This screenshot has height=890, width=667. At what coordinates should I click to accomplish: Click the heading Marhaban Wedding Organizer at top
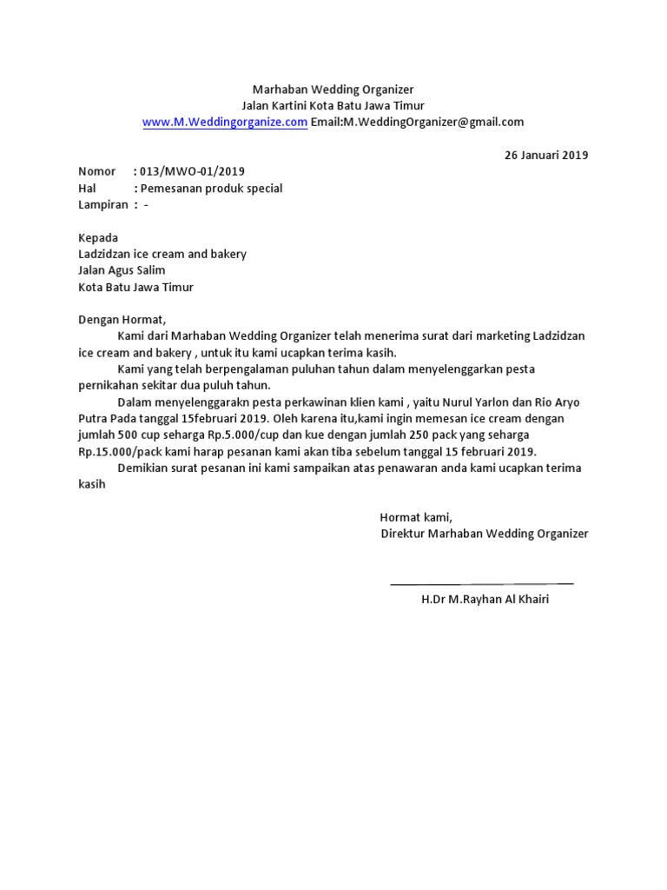click(333, 90)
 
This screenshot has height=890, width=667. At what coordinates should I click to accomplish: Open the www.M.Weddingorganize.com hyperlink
click(224, 123)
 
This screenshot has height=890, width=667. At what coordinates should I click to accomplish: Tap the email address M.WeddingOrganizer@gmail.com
click(433, 123)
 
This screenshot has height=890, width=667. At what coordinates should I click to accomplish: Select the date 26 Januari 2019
click(546, 156)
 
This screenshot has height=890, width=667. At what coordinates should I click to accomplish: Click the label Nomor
click(96, 172)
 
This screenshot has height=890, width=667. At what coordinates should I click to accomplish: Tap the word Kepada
click(98, 238)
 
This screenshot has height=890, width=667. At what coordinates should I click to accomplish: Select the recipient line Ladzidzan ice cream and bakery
click(162, 255)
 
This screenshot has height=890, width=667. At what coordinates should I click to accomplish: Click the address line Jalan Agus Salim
click(122, 270)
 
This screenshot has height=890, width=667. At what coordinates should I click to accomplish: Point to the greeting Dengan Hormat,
click(121, 319)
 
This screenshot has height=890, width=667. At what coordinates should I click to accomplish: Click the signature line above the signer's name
click(481, 582)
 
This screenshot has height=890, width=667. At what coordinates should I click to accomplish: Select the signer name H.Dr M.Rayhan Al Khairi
click(485, 600)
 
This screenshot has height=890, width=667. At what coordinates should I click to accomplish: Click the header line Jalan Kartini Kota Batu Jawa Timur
click(333, 106)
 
